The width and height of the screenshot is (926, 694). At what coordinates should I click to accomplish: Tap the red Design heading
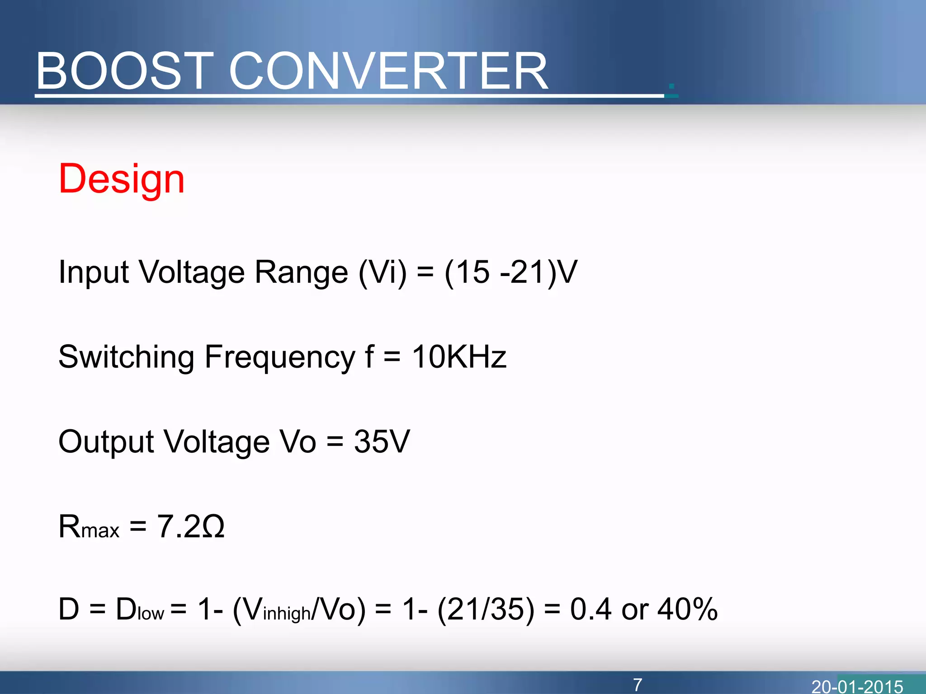[x=122, y=179]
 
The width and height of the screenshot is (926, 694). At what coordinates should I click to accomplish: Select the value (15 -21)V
[x=511, y=272]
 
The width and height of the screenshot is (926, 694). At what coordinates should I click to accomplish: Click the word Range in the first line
[x=301, y=272]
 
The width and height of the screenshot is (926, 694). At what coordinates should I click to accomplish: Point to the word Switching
[x=126, y=357]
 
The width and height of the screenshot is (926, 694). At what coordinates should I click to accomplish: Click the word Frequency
[x=280, y=357]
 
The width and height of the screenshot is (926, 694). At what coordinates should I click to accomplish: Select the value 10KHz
[x=459, y=357]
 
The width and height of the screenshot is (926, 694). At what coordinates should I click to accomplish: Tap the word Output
[x=106, y=442]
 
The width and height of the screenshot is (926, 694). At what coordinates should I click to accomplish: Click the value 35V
[x=382, y=441]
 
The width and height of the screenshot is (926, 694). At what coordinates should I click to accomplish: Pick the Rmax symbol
[x=89, y=527]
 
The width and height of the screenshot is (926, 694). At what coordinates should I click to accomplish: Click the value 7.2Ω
[x=190, y=527]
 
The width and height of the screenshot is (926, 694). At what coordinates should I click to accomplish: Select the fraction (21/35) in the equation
[x=486, y=610]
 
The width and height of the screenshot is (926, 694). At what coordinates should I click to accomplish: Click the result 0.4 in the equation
[x=591, y=610]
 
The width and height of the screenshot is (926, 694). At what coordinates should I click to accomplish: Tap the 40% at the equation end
[x=687, y=610]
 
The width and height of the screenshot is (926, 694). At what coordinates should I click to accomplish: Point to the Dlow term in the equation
[x=139, y=610]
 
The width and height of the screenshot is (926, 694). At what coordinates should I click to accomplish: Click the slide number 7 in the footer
[x=638, y=685]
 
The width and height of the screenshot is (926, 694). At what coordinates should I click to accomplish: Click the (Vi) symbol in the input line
[x=383, y=272]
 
